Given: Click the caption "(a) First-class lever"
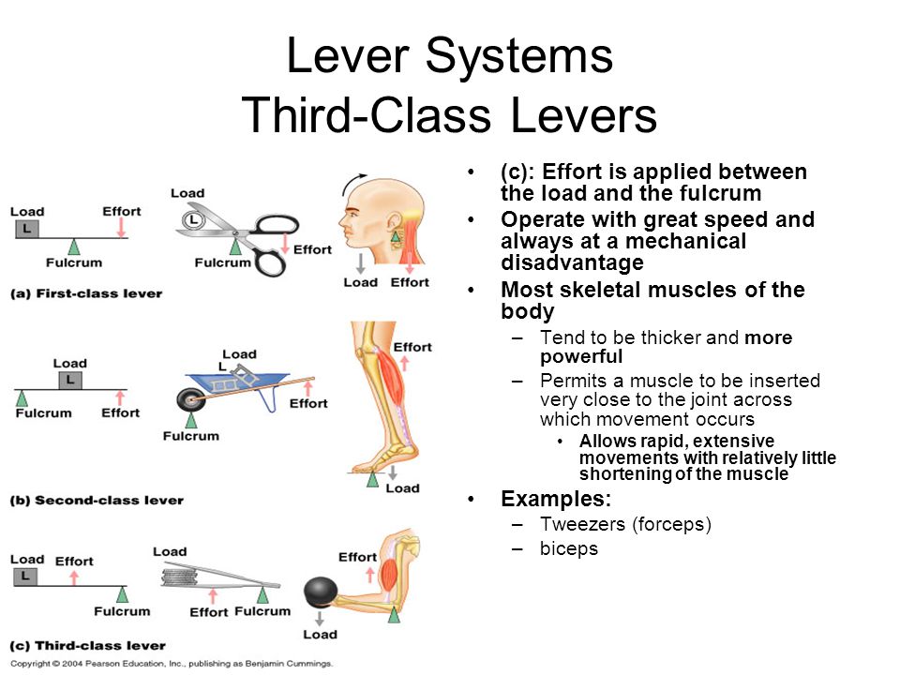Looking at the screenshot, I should pyautogui.click(x=86, y=293).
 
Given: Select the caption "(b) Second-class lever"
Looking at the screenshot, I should pyautogui.click(x=97, y=500).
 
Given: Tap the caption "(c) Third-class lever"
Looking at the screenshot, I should pyautogui.click(x=87, y=645).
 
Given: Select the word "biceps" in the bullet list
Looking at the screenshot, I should pyautogui.click(x=568, y=548).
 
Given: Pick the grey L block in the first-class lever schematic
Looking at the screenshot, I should pyautogui.click(x=26, y=229).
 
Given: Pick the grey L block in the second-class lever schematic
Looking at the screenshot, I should pyautogui.click(x=69, y=381).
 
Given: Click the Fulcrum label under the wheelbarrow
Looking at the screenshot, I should pyautogui.click(x=190, y=435).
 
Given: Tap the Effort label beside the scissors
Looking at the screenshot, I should pyautogui.click(x=312, y=249).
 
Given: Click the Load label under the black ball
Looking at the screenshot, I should pyautogui.click(x=320, y=635).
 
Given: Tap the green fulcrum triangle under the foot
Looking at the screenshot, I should pyautogui.click(x=373, y=479).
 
